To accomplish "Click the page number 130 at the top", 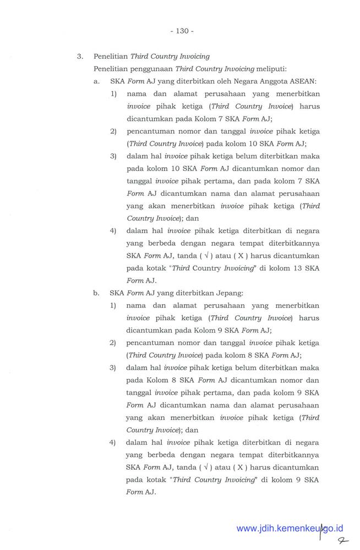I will tap(181, 31).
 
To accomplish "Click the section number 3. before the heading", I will tap(80, 56).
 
